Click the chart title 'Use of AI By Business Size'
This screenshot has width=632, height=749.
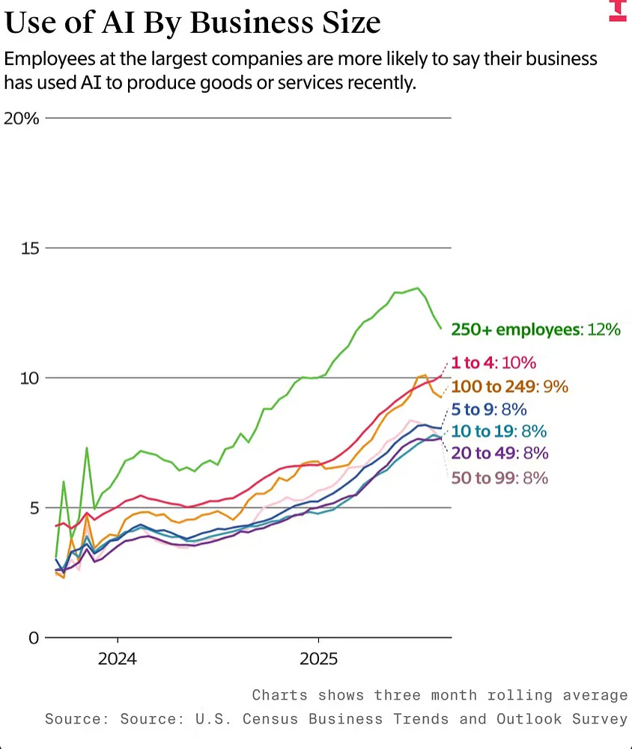[x=192, y=22]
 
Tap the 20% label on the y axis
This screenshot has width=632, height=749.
[x=22, y=118]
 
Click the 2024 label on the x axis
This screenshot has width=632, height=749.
[x=118, y=659]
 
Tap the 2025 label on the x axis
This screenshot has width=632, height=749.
[x=318, y=659]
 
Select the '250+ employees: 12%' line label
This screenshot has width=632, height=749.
[x=535, y=329]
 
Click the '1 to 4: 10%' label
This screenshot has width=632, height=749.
[x=493, y=363]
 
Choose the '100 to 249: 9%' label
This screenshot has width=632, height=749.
[x=510, y=387]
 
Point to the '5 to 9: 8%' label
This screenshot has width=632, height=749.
[x=489, y=409]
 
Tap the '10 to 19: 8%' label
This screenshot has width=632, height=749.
[x=499, y=431]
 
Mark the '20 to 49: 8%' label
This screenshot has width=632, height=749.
[x=499, y=453]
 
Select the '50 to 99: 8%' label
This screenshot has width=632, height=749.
[x=499, y=477]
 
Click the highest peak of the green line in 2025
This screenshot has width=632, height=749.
[x=417, y=288]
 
